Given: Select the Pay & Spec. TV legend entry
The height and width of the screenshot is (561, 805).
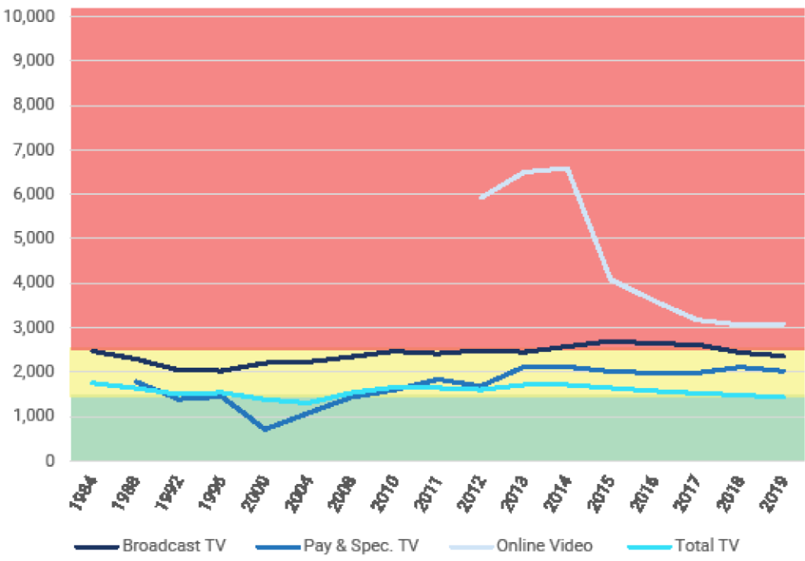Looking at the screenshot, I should (360, 544).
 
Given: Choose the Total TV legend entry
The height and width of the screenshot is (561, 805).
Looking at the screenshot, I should (708, 544).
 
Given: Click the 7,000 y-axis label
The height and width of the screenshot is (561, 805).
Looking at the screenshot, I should (34, 149).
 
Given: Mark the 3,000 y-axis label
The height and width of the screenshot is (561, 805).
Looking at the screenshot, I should (34, 328).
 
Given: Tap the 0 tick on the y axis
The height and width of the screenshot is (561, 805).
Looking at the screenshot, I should (50, 461).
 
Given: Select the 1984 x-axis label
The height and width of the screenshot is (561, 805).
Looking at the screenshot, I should (83, 493).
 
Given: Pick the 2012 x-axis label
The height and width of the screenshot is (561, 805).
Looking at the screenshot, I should (479, 493).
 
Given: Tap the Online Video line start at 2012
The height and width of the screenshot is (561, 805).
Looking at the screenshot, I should (480, 198).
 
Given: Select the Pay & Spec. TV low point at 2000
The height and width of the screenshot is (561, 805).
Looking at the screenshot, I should (265, 430).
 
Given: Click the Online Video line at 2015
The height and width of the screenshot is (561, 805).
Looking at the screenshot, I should (612, 279).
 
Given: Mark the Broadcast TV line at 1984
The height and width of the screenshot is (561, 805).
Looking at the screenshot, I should (93, 350).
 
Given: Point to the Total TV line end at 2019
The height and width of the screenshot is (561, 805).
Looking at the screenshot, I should (784, 397).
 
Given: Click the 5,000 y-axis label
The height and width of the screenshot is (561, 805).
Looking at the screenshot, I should (34, 238).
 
